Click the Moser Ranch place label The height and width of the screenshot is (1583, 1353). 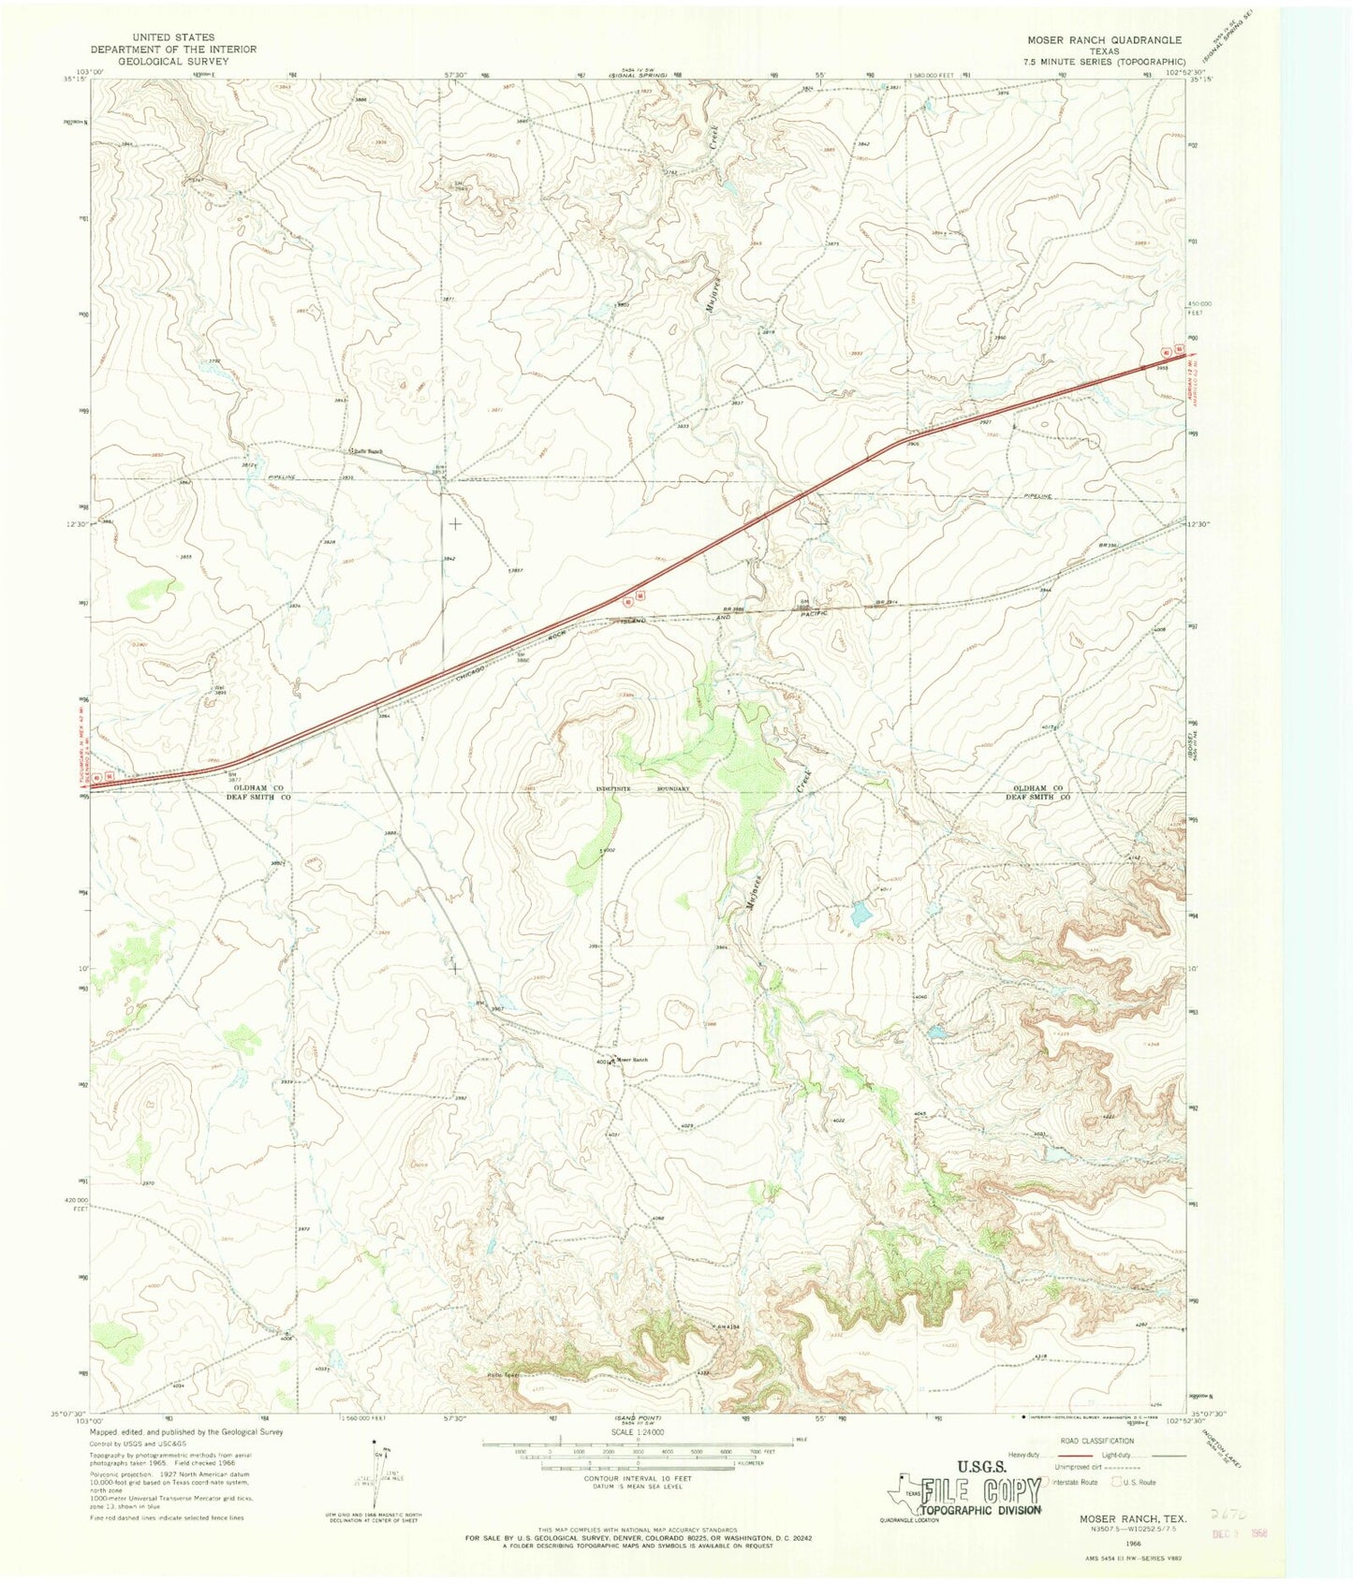pos(633,1060)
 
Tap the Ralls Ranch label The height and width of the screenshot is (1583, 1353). pos(367,451)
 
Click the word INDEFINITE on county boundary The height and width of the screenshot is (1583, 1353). pos(615,789)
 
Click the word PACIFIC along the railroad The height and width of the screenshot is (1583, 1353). pos(830,612)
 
